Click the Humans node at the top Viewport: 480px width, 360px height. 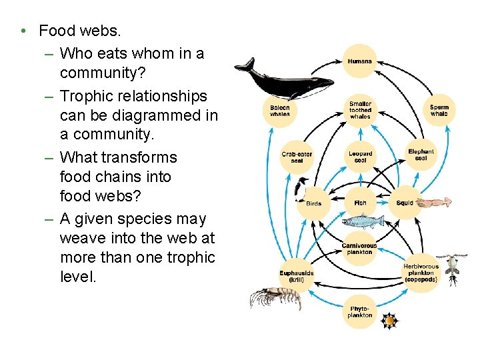pos(360,61)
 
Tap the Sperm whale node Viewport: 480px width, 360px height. pos(439,111)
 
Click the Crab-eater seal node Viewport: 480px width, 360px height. pos(297,158)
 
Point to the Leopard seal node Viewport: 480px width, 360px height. pos(360,157)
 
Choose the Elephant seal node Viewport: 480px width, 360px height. pos(421,155)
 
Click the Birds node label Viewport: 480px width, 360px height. pos(314,203)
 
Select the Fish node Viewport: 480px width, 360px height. pos(360,203)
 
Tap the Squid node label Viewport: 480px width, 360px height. pos(405,203)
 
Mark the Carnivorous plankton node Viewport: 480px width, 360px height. pos(359,249)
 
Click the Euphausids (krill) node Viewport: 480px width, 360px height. pos(296,276)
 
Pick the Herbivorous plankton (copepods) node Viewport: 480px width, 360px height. pos(421,273)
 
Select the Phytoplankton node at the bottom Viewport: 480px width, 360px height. pos(360,312)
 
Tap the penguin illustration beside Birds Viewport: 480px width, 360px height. pos(301,190)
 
